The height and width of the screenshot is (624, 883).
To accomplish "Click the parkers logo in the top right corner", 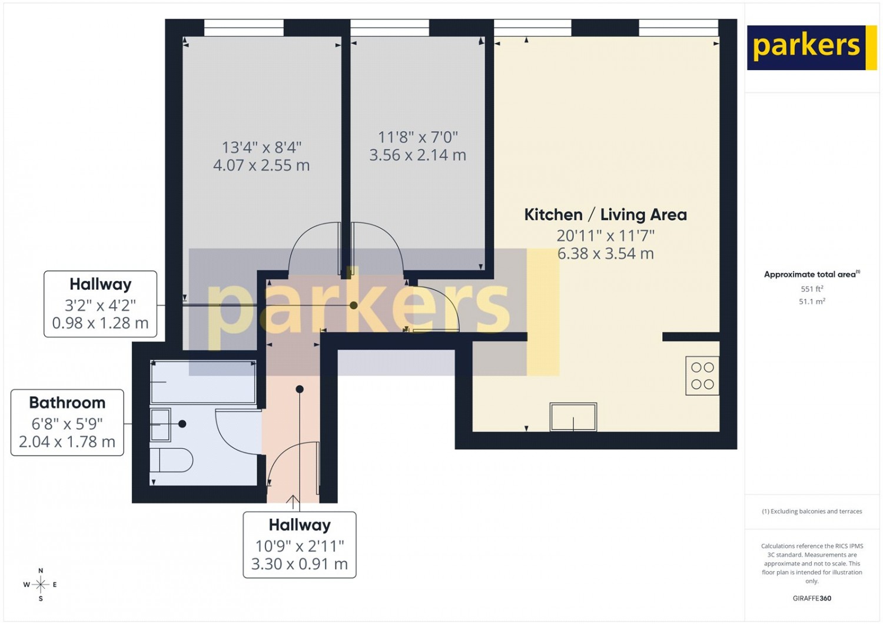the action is [x=806, y=48].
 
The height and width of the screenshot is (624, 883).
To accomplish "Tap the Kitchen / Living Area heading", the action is [x=606, y=215].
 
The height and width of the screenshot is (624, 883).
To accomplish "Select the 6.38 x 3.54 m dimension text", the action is [x=606, y=254].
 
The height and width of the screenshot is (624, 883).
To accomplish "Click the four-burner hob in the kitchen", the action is [x=702, y=376].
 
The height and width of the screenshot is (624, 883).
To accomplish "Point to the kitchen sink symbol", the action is [x=573, y=417].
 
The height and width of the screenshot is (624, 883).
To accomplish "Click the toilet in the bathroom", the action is [x=171, y=460].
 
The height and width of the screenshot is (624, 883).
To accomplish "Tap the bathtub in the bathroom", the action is [x=204, y=381].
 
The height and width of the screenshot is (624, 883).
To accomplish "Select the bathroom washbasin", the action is [x=161, y=425].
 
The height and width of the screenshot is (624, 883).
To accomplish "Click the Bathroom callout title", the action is [x=68, y=403].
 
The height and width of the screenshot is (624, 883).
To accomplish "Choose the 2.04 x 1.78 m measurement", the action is [x=67, y=442].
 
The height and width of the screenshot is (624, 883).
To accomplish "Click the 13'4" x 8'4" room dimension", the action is [x=261, y=148].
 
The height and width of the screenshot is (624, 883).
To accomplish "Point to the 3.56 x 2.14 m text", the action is [x=418, y=155].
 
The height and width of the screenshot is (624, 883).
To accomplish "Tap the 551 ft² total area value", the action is [x=812, y=289].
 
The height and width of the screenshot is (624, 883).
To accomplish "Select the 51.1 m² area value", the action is [x=812, y=301].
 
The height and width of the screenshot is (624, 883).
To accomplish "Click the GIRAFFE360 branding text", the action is [x=812, y=598].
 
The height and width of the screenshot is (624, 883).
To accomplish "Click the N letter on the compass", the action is [x=41, y=571].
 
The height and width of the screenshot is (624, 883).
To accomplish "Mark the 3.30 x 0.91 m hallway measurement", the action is [x=300, y=564].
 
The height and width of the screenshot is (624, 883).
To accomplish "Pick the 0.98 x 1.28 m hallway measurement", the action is [x=100, y=323].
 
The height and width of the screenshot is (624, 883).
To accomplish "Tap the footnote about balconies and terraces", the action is [x=812, y=511].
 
